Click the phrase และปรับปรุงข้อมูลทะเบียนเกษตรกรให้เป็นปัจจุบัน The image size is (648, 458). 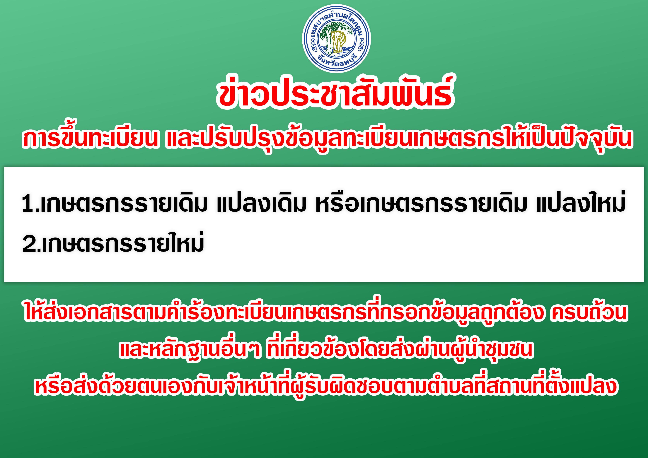pyautogui.click(x=400, y=138)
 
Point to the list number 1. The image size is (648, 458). pyautogui.click(x=29, y=203)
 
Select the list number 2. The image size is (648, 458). pyautogui.click(x=31, y=243)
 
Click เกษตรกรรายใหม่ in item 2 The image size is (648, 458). pyautogui.click(x=123, y=242)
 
